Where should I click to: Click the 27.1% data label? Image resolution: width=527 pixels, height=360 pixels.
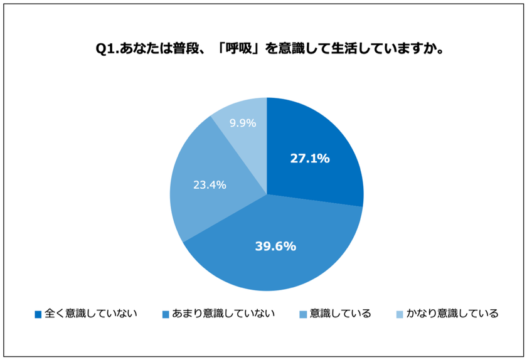click(309, 159)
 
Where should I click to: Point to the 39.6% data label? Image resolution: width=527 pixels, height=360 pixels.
click(275, 246)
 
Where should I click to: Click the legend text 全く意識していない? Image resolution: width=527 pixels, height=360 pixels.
click(90, 313)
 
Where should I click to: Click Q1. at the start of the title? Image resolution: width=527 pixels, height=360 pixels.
click(105, 49)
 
